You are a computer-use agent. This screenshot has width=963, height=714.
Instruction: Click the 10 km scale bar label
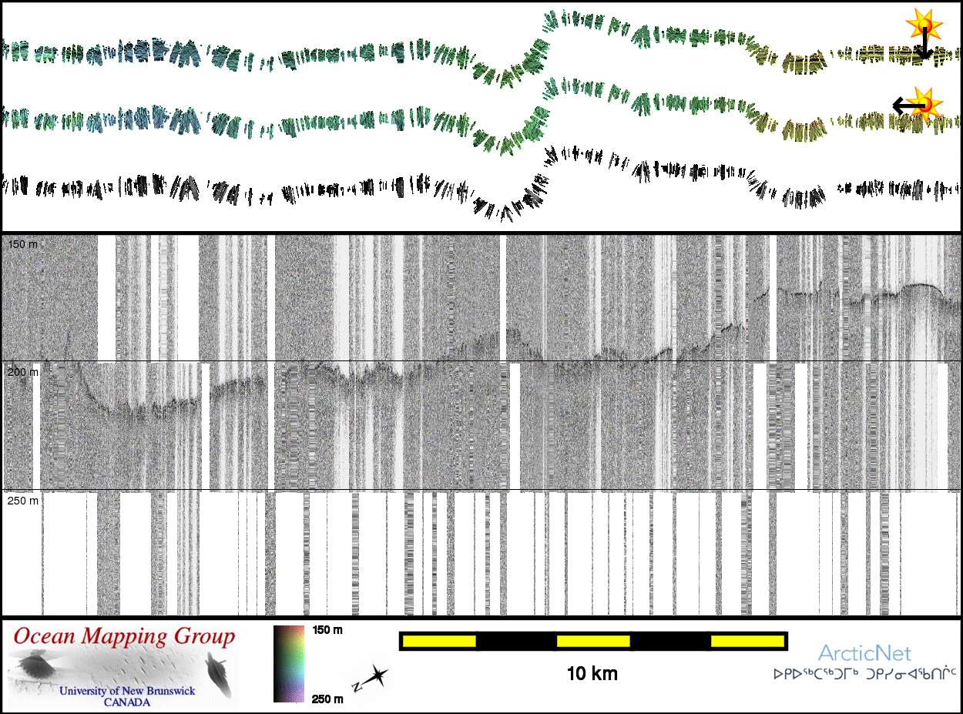pos(592,675)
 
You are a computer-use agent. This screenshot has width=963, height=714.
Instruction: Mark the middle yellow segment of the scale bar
pos(593,641)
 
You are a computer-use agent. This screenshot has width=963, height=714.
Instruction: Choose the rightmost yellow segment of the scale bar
pos(747,641)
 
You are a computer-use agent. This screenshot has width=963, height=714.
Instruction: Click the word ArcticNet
pos(864,654)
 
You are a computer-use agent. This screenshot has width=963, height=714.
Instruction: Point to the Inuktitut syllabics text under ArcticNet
pos(864,675)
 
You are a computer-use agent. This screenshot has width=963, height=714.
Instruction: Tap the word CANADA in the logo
pos(127,702)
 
